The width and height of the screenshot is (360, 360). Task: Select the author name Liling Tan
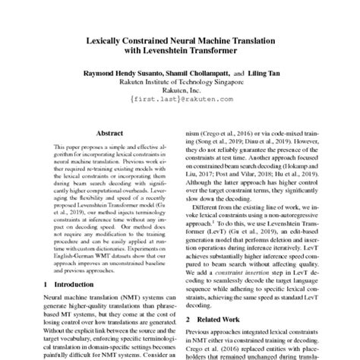click(262, 74)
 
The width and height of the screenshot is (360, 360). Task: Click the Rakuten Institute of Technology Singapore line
click(179, 82)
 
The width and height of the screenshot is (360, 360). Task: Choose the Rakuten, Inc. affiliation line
click(179, 90)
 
